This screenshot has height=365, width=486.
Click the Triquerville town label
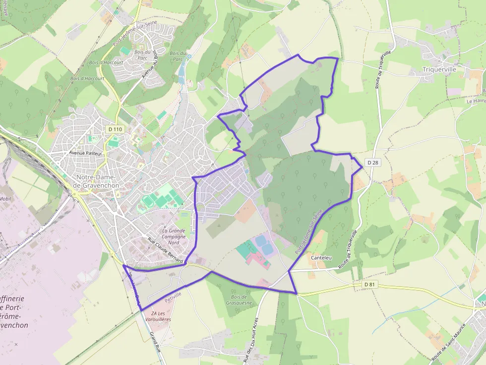(x=439, y=70)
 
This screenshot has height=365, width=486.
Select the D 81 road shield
(x=369, y=285)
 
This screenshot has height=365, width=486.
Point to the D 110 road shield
(x=115, y=129)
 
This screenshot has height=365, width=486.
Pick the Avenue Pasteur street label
(x=86, y=154)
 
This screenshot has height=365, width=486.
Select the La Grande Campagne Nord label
(x=174, y=236)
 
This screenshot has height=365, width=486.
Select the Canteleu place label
(x=321, y=258)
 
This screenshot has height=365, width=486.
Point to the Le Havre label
(x=476, y=101)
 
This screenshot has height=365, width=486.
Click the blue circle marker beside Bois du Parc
(x=188, y=57)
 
